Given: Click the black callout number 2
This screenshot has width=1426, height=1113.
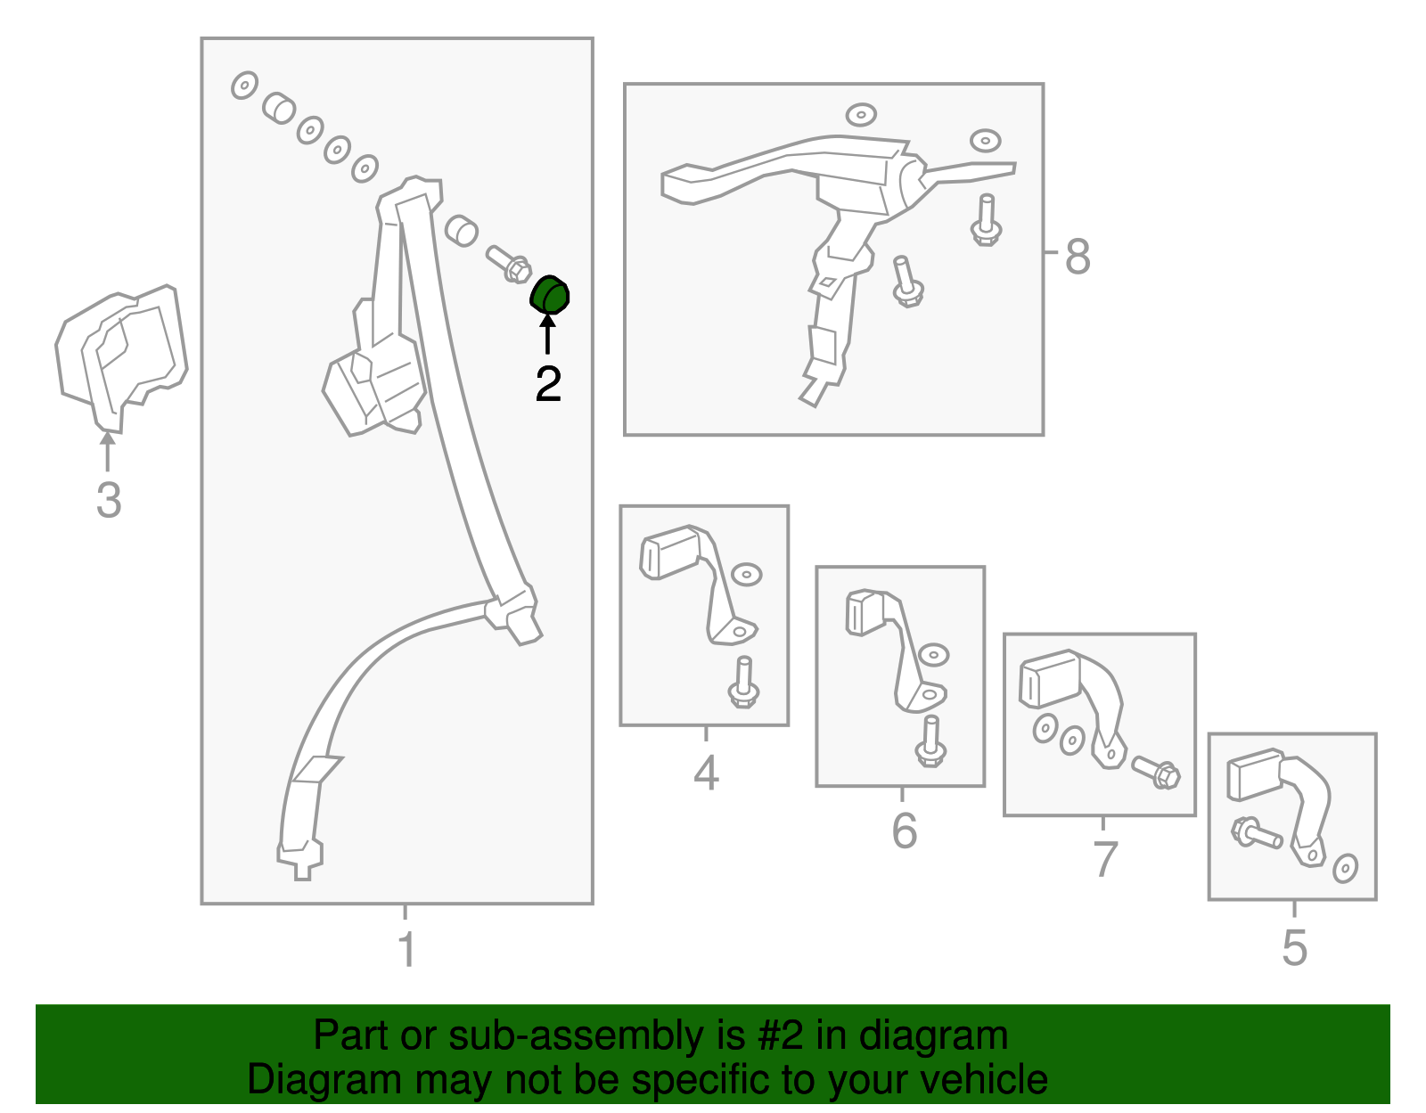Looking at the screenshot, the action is click(x=548, y=384).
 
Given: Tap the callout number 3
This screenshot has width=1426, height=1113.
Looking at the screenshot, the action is click(x=109, y=500).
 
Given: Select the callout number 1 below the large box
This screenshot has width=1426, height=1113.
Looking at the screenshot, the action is click(x=407, y=949).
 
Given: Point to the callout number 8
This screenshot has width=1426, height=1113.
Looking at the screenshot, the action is click(x=1078, y=257).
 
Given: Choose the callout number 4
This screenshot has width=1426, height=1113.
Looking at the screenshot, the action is click(x=706, y=773).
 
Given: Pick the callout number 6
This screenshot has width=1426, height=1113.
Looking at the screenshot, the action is click(x=905, y=831).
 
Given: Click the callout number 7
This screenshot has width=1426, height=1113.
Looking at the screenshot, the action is click(x=1106, y=859).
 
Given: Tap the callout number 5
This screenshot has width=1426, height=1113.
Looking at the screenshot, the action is click(x=1295, y=948).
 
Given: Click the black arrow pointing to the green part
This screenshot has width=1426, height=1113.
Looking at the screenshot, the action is click(x=547, y=334).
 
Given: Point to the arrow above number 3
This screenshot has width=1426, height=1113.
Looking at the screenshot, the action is click(x=107, y=451).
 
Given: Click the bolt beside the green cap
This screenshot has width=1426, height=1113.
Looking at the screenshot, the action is click(x=509, y=264).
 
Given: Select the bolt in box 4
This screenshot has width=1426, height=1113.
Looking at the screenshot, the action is click(x=743, y=682).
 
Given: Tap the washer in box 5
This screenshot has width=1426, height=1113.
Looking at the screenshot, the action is click(x=1345, y=869).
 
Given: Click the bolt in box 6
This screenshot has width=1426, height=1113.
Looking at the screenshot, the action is click(x=930, y=741).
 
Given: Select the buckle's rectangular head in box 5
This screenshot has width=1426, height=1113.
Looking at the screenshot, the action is click(x=1255, y=775).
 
